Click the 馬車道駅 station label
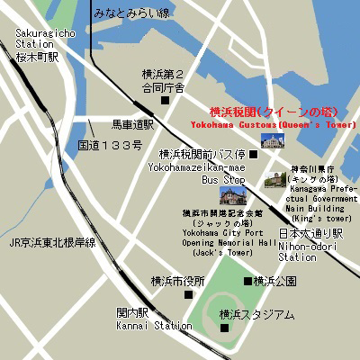pyautogui.click(x=132, y=124)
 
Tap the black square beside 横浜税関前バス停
pyautogui.click(x=253, y=155)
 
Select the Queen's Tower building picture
pyautogui.click(x=272, y=140)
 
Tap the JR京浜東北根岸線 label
pyautogui.click(x=52, y=243)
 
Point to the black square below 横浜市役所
pyautogui.click(x=188, y=294)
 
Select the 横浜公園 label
pyautogui.click(x=274, y=281)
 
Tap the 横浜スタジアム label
pyautogui.click(x=256, y=314)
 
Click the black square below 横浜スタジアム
pyautogui.click(x=224, y=329)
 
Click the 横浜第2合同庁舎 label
pyautogui.click(x=163, y=81)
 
